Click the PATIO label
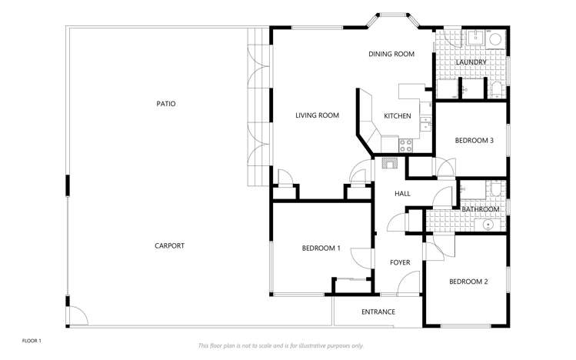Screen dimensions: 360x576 (x=166, y=103)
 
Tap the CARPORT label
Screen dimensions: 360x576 (x=169, y=246)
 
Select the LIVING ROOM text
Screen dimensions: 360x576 (x=318, y=116)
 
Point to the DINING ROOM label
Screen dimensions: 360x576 (x=391, y=55)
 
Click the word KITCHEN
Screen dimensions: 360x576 (x=398, y=116)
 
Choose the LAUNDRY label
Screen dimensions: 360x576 (x=471, y=62)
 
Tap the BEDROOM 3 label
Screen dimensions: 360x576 (x=474, y=141)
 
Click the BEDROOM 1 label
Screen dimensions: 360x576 (x=321, y=248)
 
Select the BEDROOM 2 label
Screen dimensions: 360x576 (x=468, y=282)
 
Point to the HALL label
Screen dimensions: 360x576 (x=402, y=194)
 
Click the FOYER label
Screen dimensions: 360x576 (x=400, y=263)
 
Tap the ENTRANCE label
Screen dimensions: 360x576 (x=378, y=312)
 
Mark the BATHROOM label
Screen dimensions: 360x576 (x=481, y=209)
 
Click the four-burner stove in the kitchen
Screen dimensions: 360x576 (x=406, y=143)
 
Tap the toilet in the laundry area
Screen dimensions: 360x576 (x=497, y=89)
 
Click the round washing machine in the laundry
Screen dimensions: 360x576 (x=496, y=39)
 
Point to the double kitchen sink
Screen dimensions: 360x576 (x=425, y=123)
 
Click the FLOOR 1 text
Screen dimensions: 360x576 (x=32, y=340)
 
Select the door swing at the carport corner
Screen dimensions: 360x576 (x=77, y=315)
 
